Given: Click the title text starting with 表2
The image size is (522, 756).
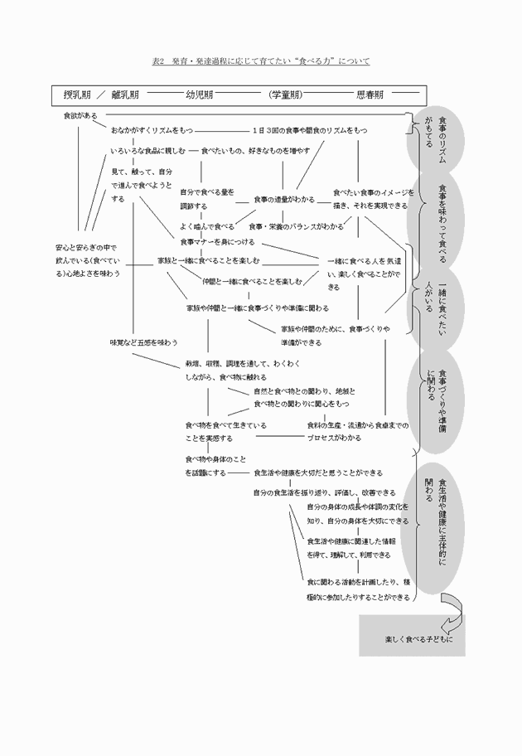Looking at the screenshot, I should pyautogui.click(x=261, y=61).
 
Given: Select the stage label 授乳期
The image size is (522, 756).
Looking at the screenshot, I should pyautogui.click(x=77, y=94).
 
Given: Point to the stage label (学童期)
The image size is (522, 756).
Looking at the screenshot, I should pyautogui.click(x=283, y=94).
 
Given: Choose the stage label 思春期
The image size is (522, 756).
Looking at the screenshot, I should pyautogui.click(x=370, y=94).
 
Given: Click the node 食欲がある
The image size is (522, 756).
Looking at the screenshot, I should pyautogui.click(x=80, y=115).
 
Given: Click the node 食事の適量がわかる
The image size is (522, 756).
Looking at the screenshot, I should pyautogui.click(x=283, y=200).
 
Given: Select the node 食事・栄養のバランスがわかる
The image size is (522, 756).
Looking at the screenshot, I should pyautogui.click(x=296, y=225).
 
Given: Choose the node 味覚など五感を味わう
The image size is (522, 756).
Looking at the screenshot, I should pyautogui.click(x=143, y=342).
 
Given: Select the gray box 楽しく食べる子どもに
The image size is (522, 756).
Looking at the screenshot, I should pyautogui.click(x=413, y=639).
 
